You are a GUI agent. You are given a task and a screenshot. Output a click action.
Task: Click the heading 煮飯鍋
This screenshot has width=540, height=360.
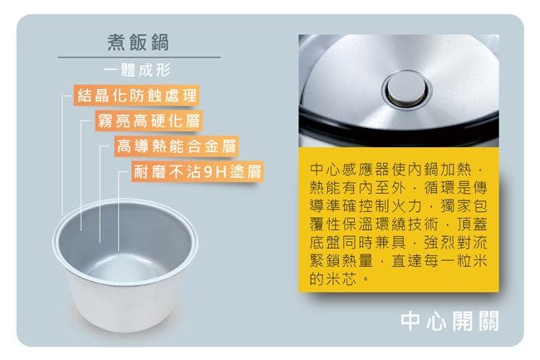coord(138,42)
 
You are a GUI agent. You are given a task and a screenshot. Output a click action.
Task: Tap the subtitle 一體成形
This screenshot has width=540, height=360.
coord(137,71)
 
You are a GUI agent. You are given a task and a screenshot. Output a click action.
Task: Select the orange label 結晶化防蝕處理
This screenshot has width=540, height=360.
coord(136,95)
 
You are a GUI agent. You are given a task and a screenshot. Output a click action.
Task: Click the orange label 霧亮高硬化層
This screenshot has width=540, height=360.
coord(149,121)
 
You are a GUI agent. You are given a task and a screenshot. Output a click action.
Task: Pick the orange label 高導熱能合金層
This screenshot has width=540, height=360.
coord(176,145)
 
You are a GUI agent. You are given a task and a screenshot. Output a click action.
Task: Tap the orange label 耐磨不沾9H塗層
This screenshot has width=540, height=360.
coord(198,171)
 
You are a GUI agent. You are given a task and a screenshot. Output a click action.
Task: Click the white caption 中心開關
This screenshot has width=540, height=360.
coord(449,321)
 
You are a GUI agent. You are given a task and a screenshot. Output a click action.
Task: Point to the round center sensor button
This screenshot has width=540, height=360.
coord(408,88)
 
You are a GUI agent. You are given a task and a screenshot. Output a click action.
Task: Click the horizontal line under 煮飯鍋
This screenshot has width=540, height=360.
coord(139,57)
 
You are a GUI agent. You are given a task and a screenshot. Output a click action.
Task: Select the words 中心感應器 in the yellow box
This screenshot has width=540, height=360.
coord(350,169)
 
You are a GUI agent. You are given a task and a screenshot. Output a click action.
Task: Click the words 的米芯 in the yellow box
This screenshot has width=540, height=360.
coord(332,279)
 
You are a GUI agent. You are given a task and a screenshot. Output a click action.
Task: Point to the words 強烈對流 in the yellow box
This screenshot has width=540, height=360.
coord(456,242)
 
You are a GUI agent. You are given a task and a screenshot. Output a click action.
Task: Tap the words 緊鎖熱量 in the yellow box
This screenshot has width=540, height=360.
coord(341,260)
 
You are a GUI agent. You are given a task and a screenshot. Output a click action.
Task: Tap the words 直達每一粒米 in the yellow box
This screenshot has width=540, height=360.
coord(439,260)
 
